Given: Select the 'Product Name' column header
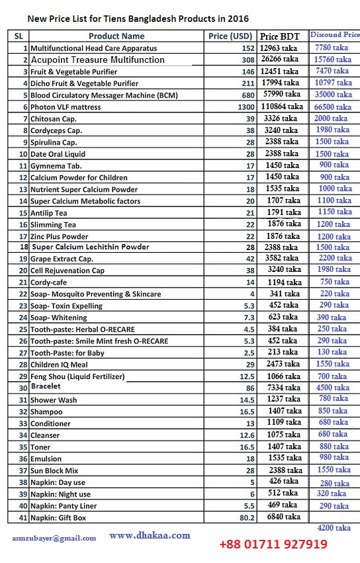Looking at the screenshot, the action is click(116, 36).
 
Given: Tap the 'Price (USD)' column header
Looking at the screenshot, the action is click(230, 36).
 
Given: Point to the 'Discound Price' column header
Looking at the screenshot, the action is click(335, 34).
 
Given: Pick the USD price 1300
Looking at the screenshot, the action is click(246, 107).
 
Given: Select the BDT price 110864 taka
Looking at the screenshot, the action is click(281, 107).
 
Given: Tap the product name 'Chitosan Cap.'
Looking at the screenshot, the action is click(54, 118).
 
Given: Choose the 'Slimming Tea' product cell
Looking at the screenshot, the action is click(53, 225).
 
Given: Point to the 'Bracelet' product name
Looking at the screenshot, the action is click(46, 386).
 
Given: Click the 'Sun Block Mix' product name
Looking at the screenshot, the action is click(54, 470).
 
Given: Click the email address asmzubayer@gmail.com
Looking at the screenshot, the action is click(54, 538).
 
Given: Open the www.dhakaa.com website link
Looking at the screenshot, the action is click(150, 535).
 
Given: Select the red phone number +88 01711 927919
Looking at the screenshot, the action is click(273, 544).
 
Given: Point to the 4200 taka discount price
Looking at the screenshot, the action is click(334, 528).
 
